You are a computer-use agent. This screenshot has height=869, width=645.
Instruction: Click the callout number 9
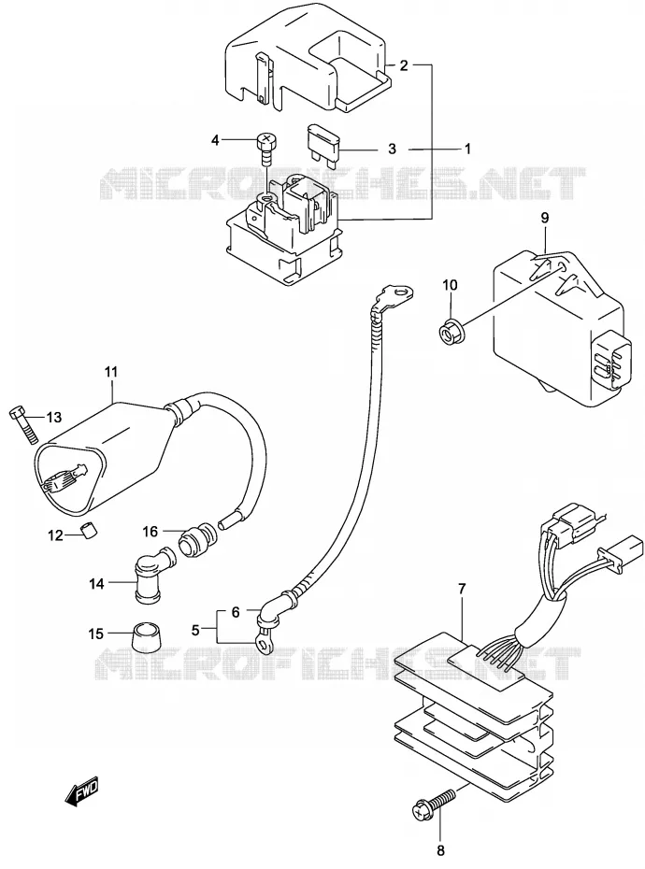tap(545, 218)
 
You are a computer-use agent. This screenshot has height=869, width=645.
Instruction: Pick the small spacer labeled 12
tap(90, 530)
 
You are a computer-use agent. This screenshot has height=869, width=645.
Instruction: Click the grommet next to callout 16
tap(198, 540)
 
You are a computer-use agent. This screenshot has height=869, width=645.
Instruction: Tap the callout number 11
tap(111, 371)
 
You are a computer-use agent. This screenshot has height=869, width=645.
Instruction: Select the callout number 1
tap(467, 149)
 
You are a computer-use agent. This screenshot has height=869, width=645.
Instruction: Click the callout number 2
tap(404, 65)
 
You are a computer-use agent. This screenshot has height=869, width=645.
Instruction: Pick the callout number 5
tap(195, 630)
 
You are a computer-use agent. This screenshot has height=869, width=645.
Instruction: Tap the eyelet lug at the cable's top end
tap(394, 295)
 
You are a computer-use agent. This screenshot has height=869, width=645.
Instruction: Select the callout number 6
tap(236, 612)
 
